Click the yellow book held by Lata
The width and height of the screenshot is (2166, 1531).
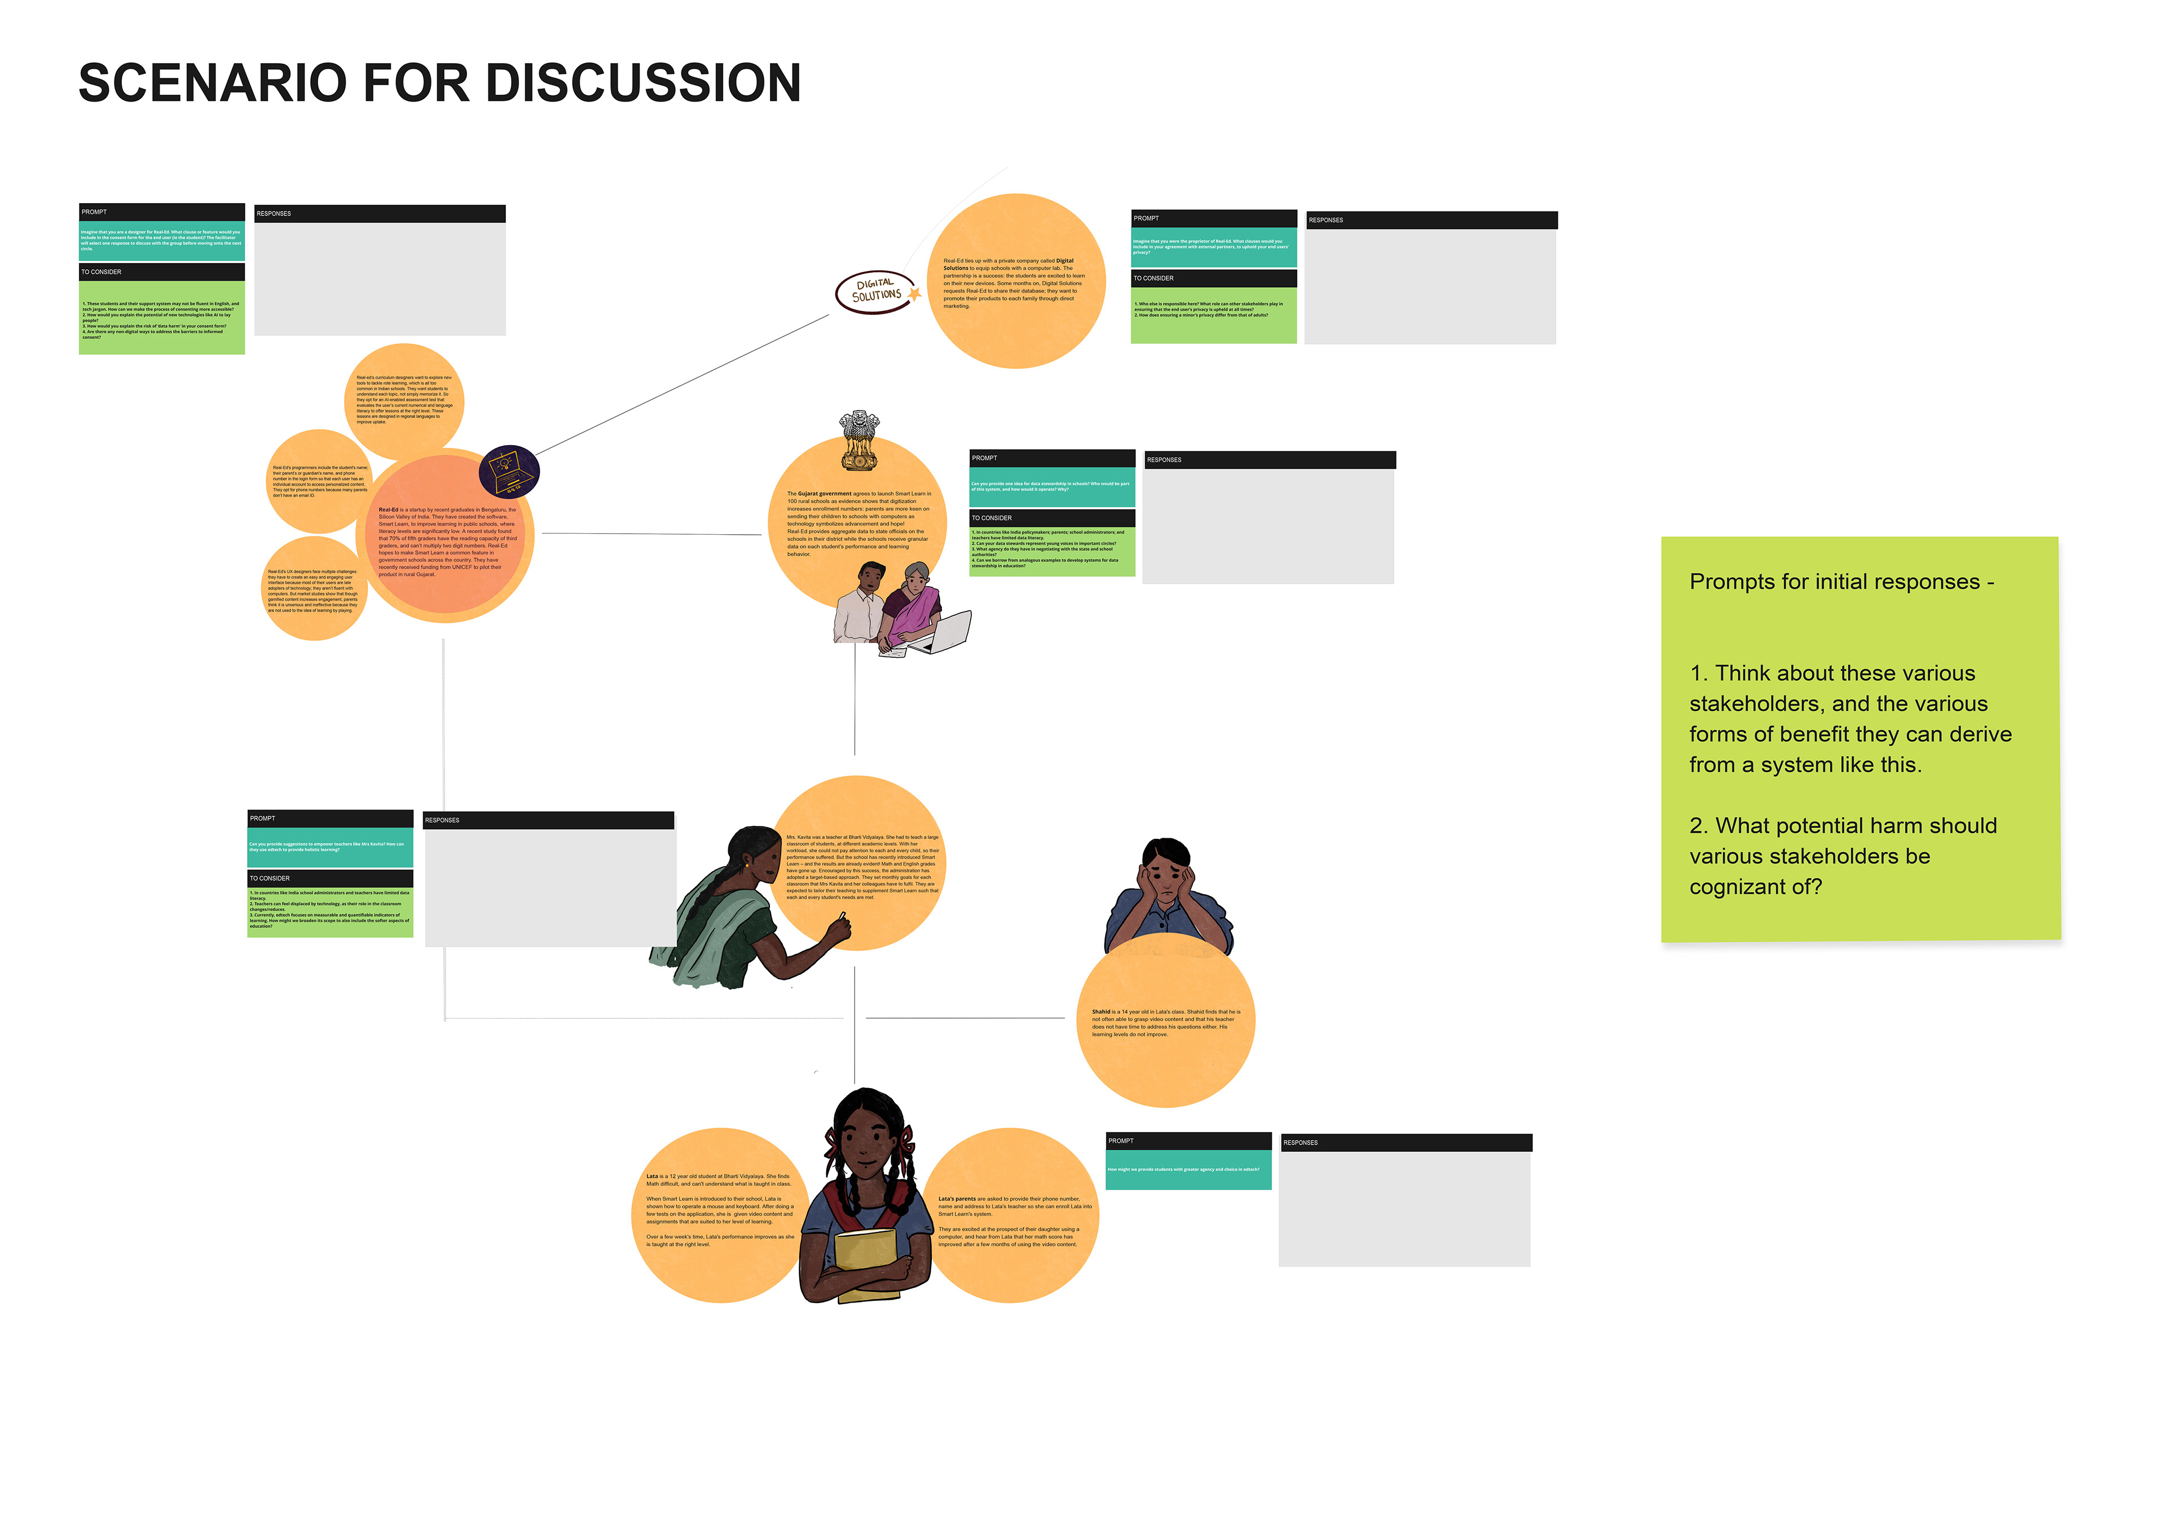click(x=866, y=1259)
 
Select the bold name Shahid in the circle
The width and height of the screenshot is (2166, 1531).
click(x=1101, y=1011)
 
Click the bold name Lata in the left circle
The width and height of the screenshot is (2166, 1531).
click(x=652, y=1176)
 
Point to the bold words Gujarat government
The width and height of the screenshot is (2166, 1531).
click(x=824, y=494)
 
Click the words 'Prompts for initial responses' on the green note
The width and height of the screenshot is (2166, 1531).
click(x=1834, y=582)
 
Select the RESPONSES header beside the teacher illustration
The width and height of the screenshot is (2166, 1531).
click(x=442, y=820)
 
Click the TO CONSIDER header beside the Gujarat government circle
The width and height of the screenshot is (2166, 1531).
click(x=992, y=518)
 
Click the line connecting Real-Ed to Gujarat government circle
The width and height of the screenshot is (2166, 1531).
click(x=651, y=534)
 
